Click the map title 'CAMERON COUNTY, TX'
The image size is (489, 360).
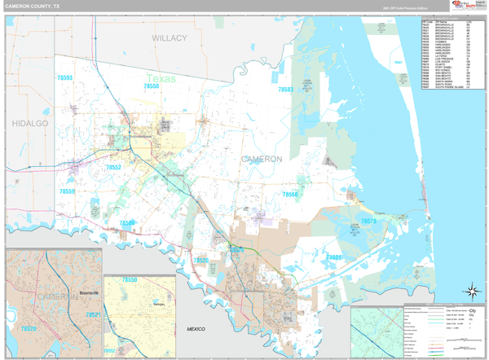pyautogui.click(x=36, y=6)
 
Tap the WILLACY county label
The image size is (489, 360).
pyautogui.click(x=169, y=38)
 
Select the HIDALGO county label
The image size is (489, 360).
pyautogui.click(x=30, y=122)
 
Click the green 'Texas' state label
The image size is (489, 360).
pyautogui.click(x=161, y=79)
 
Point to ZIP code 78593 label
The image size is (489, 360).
pyautogui.click(x=64, y=78)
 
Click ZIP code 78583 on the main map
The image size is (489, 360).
pyautogui.click(x=285, y=90)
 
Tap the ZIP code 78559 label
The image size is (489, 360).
pyautogui.click(x=67, y=191)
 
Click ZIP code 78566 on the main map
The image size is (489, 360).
pyautogui.click(x=290, y=195)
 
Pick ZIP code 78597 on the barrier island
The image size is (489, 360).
pyautogui.click(x=397, y=62)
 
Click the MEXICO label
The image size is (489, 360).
pyautogui.click(x=196, y=328)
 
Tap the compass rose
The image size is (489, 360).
pyautogui.click(x=471, y=291)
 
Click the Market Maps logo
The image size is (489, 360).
pyautogui.click(x=469, y=6)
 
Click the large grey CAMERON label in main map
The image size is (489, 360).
pyautogui.click(x=262, y=159)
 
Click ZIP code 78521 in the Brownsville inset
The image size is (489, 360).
pyautogui.click(x=92, y=314)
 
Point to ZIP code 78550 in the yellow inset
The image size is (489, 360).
pyautogui.click(x=130, y=280)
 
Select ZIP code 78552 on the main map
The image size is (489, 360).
pyautogui.click(x=113, y=167)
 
